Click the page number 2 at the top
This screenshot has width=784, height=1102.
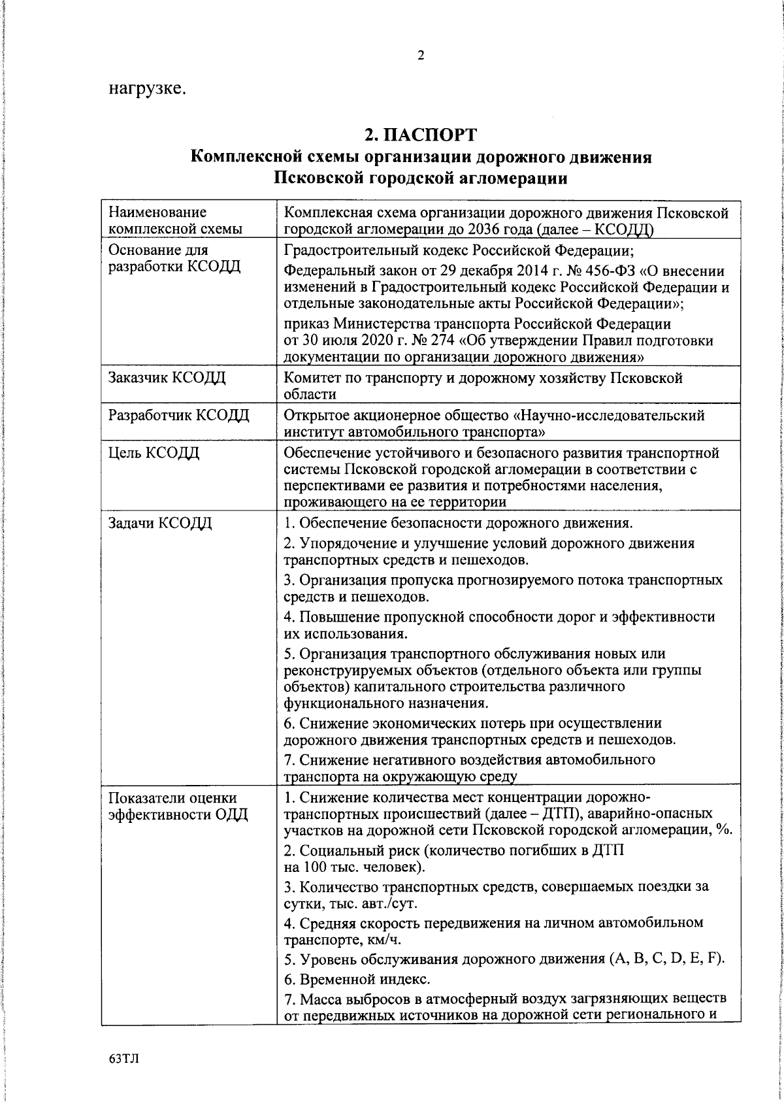421,56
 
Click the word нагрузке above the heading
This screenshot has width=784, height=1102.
148,88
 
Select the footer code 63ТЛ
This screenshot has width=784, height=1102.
124,1059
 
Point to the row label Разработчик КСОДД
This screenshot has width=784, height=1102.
178,415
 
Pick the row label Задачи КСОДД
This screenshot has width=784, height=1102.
160,524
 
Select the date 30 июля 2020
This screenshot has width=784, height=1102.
353,341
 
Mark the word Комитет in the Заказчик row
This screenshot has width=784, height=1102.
312,378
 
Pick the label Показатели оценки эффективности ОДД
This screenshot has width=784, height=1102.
178,807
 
